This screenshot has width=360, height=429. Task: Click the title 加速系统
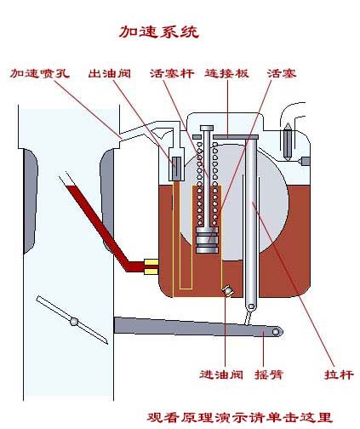click(158, 31)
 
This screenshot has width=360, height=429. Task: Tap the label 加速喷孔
click(40, 73)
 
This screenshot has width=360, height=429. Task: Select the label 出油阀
click(110, 73)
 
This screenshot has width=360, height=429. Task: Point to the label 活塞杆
click(172, 73)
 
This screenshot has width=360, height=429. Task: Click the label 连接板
click(226, 73)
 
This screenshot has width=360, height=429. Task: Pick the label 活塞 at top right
click(282, 73)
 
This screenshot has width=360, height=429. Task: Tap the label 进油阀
click(221, 375)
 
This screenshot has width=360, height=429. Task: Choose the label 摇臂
click(269, 375)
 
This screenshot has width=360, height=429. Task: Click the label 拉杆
click(339, 375)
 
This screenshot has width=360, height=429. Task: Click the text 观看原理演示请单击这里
click(239, 417)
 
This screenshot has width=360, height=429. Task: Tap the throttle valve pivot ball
click(74, 322)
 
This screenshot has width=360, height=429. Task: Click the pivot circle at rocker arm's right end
click(276, 332)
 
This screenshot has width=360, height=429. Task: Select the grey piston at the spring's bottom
click(207, 240)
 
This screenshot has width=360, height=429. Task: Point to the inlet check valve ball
click(228, 290)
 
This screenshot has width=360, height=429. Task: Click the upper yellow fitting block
click(151, 262)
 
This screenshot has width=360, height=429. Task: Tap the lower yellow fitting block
click(151, 272)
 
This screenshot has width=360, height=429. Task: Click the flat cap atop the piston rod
click(207, 129)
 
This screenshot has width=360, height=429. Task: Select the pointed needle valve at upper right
click(288, 141)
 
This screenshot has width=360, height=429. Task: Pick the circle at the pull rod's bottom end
click(251, 306)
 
